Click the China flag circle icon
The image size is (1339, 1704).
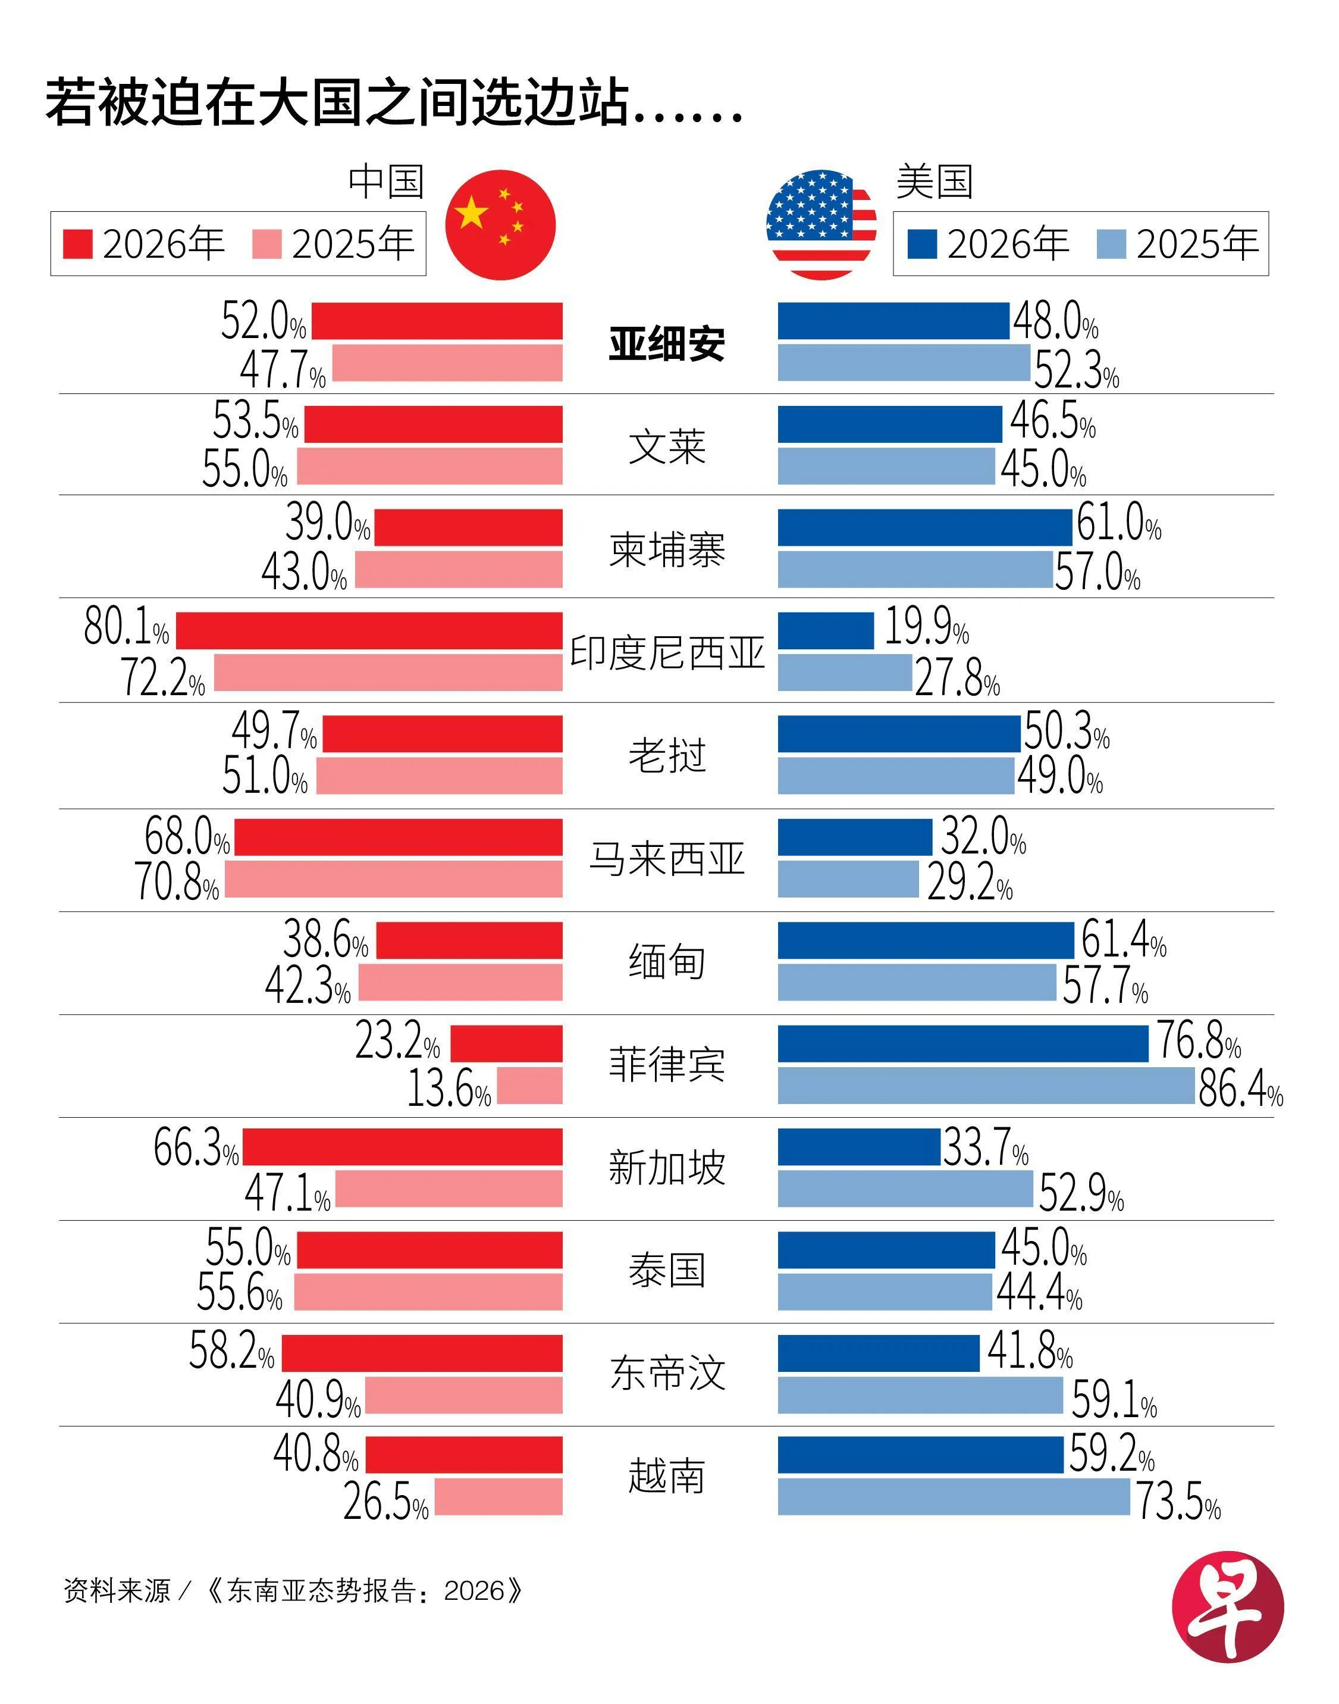pos(500,225)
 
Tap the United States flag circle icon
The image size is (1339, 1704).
pos(821,225)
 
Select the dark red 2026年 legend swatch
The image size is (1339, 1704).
pos(77,244)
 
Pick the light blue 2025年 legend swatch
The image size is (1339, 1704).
pos(1111,244)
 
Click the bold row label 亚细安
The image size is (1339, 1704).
pos(666,343)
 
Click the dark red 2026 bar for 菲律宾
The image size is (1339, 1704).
pos(506,1044)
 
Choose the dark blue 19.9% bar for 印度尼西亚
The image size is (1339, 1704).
pos(826,630)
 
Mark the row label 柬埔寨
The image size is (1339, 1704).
pos(666,549)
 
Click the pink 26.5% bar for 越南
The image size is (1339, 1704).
pos(498,1497)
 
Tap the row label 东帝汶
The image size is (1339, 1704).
pos(666,1373)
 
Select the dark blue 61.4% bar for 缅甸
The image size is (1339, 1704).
pos(925,940)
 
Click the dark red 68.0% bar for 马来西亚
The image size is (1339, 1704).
pos(399,837)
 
